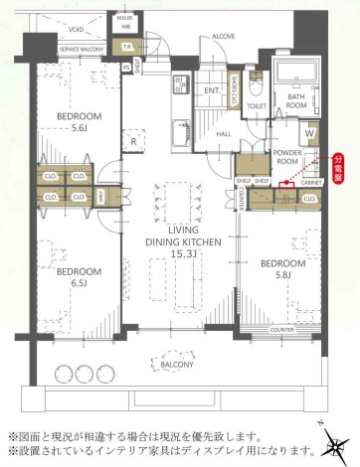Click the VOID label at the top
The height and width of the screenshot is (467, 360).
(76, 31)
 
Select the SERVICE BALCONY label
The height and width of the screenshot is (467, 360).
(83, 49)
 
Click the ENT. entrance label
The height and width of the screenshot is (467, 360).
(212, 91)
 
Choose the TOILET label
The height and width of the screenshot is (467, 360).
(256, 103)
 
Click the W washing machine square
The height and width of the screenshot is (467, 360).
(309, 133)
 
